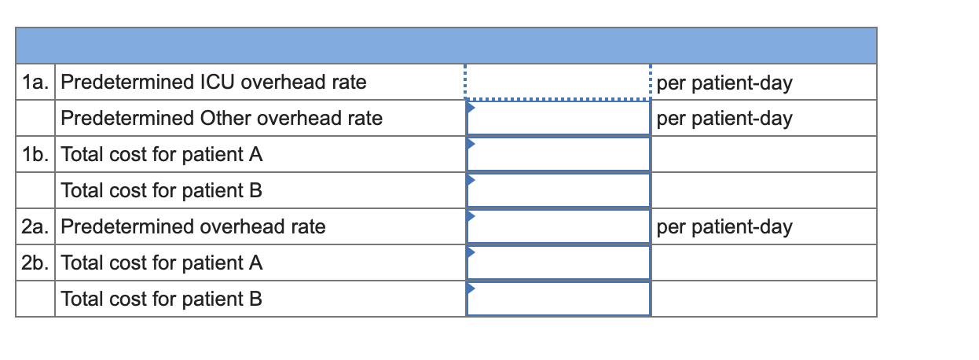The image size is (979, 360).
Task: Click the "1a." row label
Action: pyautogui.click(x=35, y=83)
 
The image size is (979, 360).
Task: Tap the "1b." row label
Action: pyautogui.click(x=35, y=155)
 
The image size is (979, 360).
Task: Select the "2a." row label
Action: pyautogui.click(x=35, y=227)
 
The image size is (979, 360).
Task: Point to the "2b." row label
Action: pyautogui.click(x=35, y=263)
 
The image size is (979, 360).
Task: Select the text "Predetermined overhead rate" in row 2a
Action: pyautogui.click(x=192, y=227)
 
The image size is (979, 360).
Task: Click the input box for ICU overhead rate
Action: pyautogui.click(x=558, y=82)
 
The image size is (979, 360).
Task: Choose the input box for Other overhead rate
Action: pyautogui.click(x=558, y=119)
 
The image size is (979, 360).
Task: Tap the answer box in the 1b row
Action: pyautogui.click(x=558, y=155)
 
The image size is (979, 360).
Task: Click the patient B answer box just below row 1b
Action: pyautogui.click(x=558, y=191)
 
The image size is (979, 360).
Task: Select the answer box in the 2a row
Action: pyautogui.click(x=558, y=227)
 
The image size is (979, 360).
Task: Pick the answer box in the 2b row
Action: pyautogui.click(x=558, y=263)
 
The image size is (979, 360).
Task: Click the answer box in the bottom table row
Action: pyautogui.click(x=558, y=299)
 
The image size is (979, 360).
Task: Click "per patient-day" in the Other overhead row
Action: pyautogui.click(x=724, y=119)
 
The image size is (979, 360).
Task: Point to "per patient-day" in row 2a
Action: pyautogui.click(x=724, y=228)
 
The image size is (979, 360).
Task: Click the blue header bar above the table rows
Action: pyautogui.click(x=445, y=46)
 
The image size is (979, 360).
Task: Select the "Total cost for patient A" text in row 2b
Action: pyautogui.click(x=161, y=263)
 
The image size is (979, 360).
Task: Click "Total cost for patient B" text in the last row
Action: pyautogui.click(x=161, y=299)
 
